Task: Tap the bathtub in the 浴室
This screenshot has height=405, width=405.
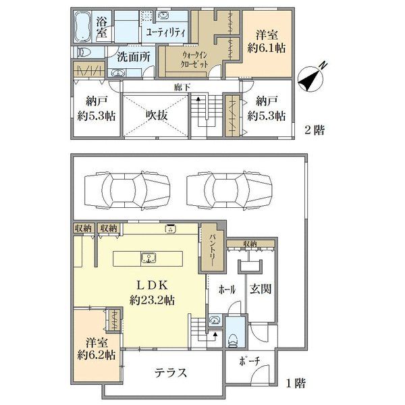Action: click(x=82, y=27)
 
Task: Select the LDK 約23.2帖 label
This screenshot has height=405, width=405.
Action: click(x=152, y=293)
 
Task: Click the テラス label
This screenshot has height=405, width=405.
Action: click(x=171, y=373)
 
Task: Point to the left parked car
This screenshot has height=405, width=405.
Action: click(x=127, y=190)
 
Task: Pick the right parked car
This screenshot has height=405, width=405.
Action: click(x=229, y=190)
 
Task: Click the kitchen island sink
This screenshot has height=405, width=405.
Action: click(x=148, y=258)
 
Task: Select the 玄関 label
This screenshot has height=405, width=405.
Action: click(x=261, y=288)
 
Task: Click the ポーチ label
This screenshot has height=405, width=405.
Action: click(x=250, y=361)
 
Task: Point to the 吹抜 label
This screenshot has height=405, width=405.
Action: click(x=157, y=115)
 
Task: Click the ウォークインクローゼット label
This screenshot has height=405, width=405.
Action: click(x=194, y=59)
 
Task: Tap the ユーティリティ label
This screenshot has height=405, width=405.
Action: click(x=165, y=32)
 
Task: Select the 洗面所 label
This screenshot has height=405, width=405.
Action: click(x=134, y=57)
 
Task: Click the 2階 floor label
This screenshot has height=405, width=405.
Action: click(x=314, y=130)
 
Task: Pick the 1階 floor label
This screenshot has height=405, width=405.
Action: click(x=296, y=383)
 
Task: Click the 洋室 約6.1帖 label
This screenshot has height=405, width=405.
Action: click(x=267, y=41)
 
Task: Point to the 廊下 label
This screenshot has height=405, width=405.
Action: click(x=182, y=87)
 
